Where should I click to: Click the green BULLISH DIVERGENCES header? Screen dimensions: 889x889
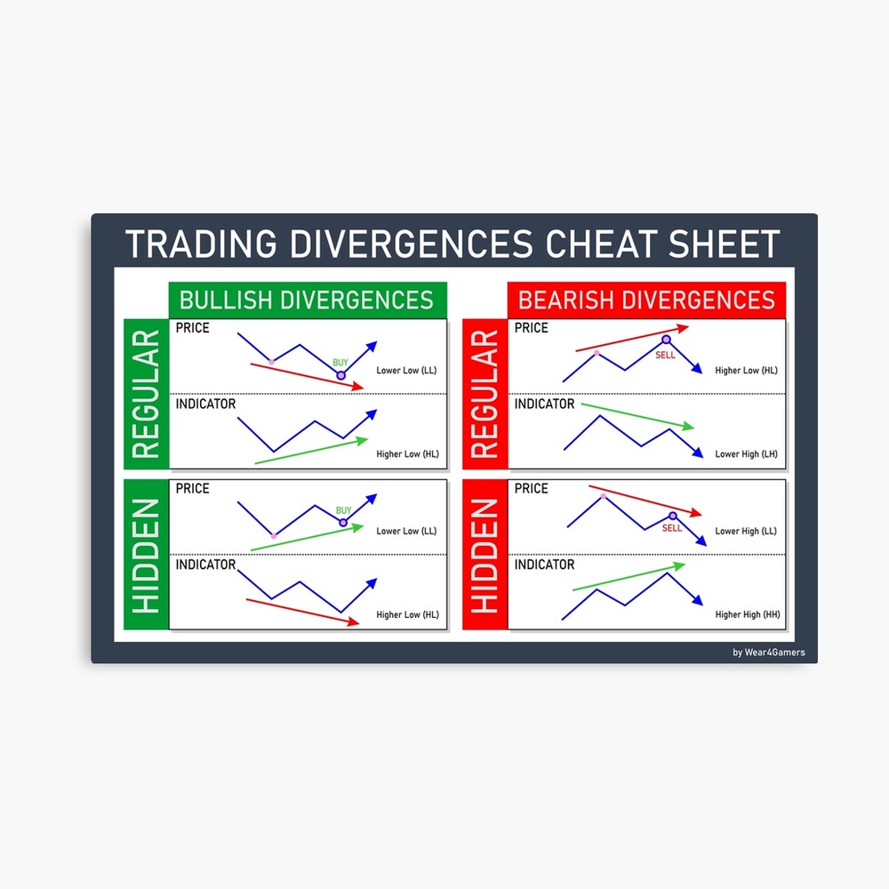point(307,300)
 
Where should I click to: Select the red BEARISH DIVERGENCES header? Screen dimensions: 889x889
point(646,300)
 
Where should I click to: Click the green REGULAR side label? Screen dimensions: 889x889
point(146,394)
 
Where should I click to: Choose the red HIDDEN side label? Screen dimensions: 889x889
point(485,555)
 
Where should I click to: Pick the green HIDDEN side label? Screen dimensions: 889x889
point(146,555)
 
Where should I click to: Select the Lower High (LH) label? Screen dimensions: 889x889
point(746,454)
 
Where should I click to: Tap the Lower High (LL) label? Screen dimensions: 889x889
point(746,531)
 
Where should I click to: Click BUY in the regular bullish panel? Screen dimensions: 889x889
point(340,362)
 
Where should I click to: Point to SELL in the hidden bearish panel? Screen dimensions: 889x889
point(672,528)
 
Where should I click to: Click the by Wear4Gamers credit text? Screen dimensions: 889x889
point(769,653)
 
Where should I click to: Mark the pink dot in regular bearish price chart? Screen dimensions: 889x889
point(597,354)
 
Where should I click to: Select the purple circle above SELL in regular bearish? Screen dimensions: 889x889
point(665,340)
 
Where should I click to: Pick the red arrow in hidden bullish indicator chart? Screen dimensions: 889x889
point(302,612)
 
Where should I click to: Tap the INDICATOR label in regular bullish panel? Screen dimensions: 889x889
point(205,404)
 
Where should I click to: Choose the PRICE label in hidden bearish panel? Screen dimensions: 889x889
point(531,488)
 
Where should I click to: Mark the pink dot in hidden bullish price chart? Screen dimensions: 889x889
point(273,536)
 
